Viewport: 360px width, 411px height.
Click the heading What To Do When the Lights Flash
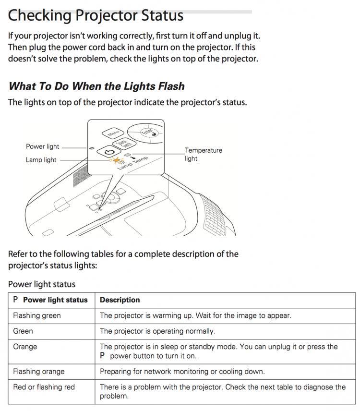[x=96, y=86]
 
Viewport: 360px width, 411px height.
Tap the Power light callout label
[x=43, y=146]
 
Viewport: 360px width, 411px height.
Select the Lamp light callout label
[x=41, y=160]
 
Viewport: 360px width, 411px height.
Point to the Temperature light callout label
[x=204, y=154]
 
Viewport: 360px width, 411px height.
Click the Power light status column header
[x=55, y=300]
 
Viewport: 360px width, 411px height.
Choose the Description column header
[x=120, y=300]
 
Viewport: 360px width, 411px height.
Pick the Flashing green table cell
[x=37, y=315]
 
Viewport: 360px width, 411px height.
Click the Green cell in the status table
[x=23, y=331]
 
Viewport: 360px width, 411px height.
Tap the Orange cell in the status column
[x=25, y=346]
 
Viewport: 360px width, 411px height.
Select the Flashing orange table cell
[x=39, y=371]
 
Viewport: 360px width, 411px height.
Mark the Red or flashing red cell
[x=44, y=387]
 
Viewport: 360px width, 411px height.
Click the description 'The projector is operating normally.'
[x=157, y=331]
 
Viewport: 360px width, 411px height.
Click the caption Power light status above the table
[x=42, y=284]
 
